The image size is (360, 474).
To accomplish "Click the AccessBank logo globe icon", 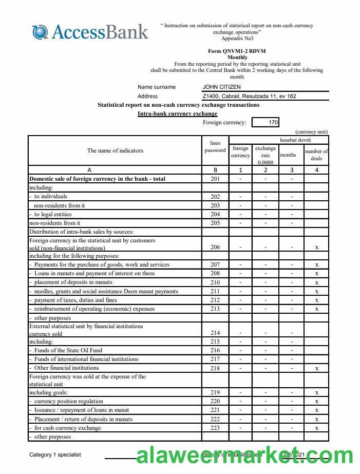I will (x=40, y=32).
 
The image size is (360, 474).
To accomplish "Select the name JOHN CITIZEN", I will (x=221, y=87).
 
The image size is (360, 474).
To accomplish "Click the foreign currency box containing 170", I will (x=267, y=122).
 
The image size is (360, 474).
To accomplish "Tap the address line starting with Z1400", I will (x=249, y=96).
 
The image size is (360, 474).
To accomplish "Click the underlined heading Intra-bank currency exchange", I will (x=177, y=113).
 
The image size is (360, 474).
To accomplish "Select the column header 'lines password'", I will (x=215, y=147).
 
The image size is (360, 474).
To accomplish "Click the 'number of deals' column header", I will (x=316, y=155).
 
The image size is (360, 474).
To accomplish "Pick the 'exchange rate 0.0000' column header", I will (x=266, y=155).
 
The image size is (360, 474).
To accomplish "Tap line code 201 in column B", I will (x=215, y=179).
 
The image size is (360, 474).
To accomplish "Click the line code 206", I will (x=215, y=247).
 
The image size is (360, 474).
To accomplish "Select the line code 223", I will (x=215, y=428).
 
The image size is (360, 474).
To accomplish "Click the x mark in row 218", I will (x=316, y=368).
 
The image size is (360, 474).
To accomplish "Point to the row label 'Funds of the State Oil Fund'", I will (x=68, y=350).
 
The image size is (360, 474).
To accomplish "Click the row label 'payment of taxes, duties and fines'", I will (x=75, y=300).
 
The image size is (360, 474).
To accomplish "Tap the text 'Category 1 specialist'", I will (x=55, y=454).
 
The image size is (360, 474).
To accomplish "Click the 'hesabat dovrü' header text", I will (x=295, y=140).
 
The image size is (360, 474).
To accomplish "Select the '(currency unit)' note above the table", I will (x=311, y=132).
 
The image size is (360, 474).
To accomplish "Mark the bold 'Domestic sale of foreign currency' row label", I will (x=98, y=179).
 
